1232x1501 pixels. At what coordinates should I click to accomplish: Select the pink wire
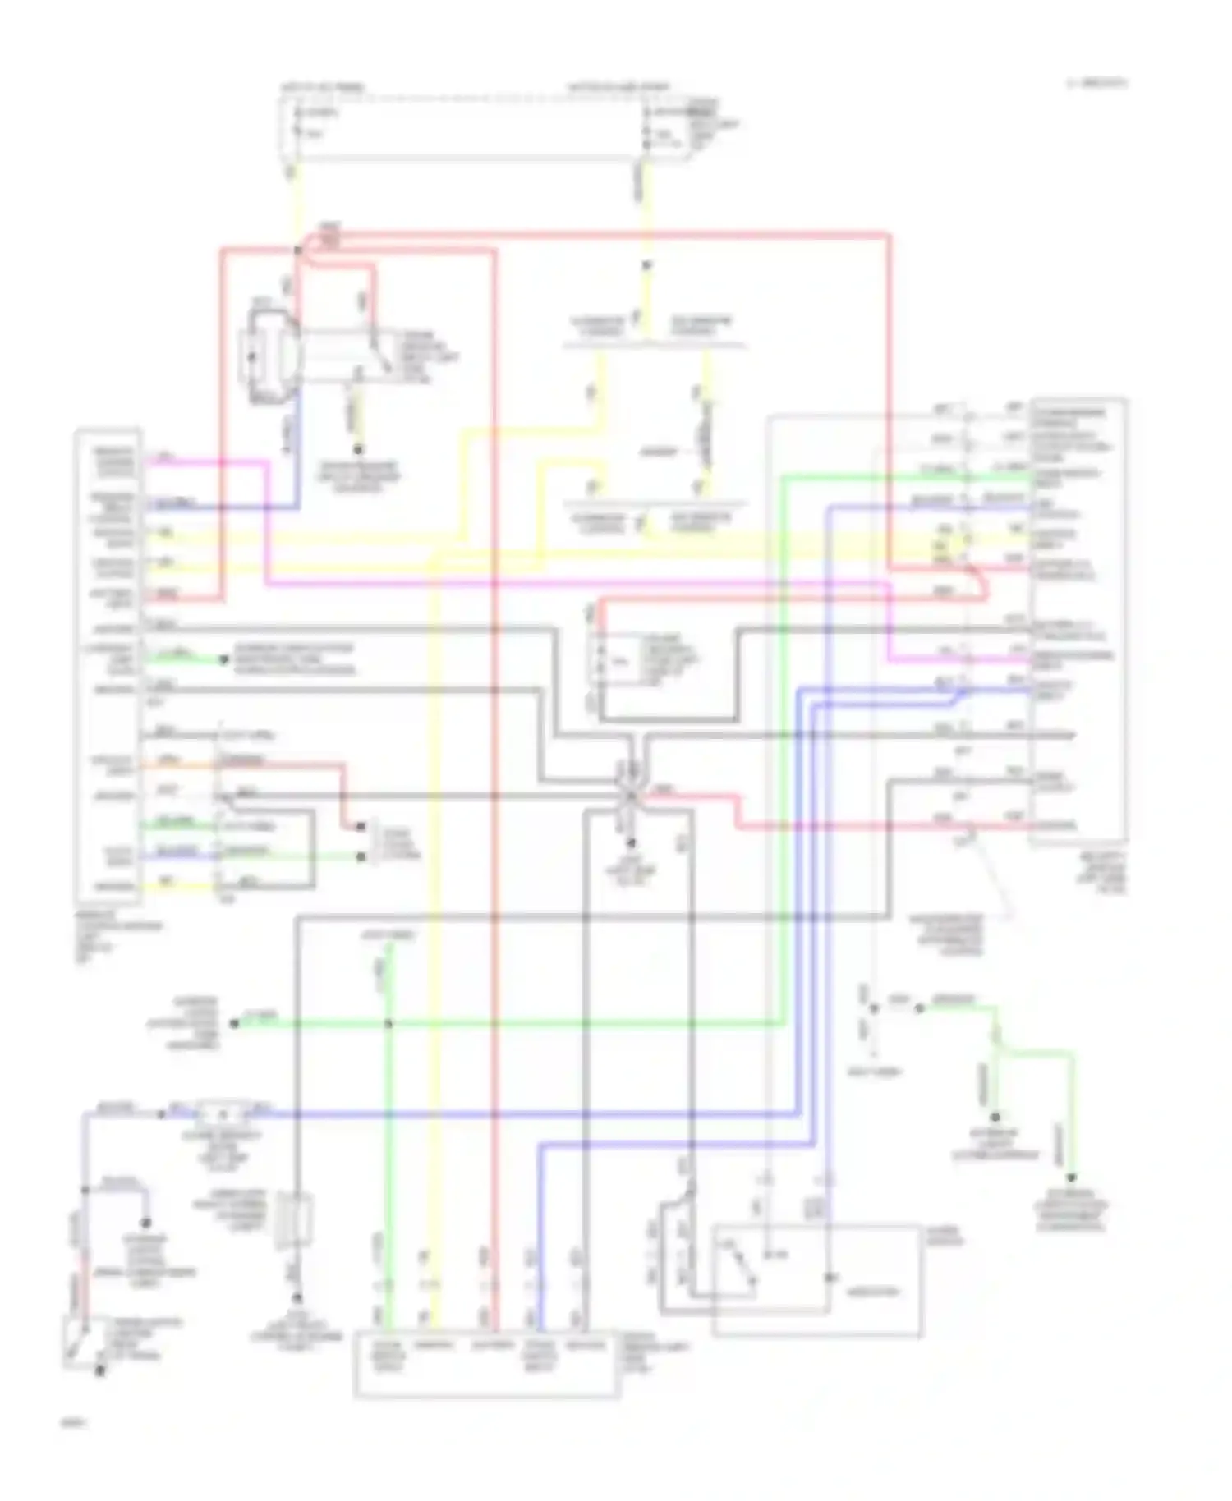tap(575, 584)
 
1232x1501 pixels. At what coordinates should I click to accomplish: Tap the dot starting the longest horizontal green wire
tap(234, 1023)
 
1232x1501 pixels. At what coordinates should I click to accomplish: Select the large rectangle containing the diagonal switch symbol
tap(816, 1281)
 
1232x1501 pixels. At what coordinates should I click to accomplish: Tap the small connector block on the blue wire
tap(223, 1114)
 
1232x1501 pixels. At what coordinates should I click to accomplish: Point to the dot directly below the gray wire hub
tap(631, 843)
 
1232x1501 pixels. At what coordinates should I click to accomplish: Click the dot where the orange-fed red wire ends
tap(361, 827)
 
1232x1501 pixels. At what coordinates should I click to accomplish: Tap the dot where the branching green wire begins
tap(920, 1008)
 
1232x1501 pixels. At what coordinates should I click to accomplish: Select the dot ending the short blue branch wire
tap(147, 1223)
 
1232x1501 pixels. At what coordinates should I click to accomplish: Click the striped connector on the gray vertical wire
tap(297, 1217)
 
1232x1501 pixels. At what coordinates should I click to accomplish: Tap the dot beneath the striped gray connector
tap(297, 1298)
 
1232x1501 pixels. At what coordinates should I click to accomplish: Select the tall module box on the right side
tap(1078, 620)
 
